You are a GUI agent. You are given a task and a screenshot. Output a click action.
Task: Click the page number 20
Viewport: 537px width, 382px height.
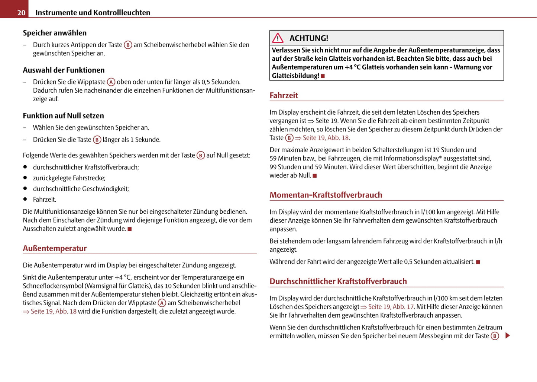(21, 13)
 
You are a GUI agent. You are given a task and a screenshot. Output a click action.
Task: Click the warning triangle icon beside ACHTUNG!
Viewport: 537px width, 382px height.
(278, 38)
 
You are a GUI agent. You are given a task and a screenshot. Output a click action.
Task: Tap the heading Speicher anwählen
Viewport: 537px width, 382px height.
(55, 33)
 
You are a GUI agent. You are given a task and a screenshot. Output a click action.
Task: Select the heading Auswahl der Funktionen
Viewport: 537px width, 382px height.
(64, 70)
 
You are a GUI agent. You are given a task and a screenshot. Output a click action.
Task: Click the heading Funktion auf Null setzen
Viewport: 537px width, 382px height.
(63, 116)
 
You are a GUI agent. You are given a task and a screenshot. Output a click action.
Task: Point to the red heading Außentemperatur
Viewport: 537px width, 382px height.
(55, 248)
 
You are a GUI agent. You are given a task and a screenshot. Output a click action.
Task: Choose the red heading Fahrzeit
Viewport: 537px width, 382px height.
(284, 95)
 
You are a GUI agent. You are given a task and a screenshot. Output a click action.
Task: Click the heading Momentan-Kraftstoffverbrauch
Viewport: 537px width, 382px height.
(326, 195)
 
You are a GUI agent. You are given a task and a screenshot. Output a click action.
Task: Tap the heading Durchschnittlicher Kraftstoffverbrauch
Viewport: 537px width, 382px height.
(338, 281)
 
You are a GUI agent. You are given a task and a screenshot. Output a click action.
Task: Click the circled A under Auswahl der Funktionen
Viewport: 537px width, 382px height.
(111, 82)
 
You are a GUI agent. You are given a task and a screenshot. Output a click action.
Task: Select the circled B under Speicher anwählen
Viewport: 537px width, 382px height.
(128, 45)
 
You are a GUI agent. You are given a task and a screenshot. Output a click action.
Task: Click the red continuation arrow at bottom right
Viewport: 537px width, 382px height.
(508, 336)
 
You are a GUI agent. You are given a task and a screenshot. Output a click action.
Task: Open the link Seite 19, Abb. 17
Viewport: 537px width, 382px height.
(391, 307)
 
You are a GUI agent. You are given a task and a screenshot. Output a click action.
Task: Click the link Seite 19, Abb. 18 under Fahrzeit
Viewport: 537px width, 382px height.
(326, 138)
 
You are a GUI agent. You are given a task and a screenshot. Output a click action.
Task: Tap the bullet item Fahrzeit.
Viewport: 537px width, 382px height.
(44, 200)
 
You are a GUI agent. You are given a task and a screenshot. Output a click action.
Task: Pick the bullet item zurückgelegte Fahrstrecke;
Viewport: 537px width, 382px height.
(69, 178)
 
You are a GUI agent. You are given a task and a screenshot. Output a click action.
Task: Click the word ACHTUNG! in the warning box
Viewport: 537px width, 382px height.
(308, 38)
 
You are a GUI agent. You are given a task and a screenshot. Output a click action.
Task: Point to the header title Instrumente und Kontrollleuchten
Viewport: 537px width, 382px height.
(93, 13)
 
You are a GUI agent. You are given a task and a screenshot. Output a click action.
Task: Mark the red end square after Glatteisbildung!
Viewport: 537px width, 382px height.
(323, 76)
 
